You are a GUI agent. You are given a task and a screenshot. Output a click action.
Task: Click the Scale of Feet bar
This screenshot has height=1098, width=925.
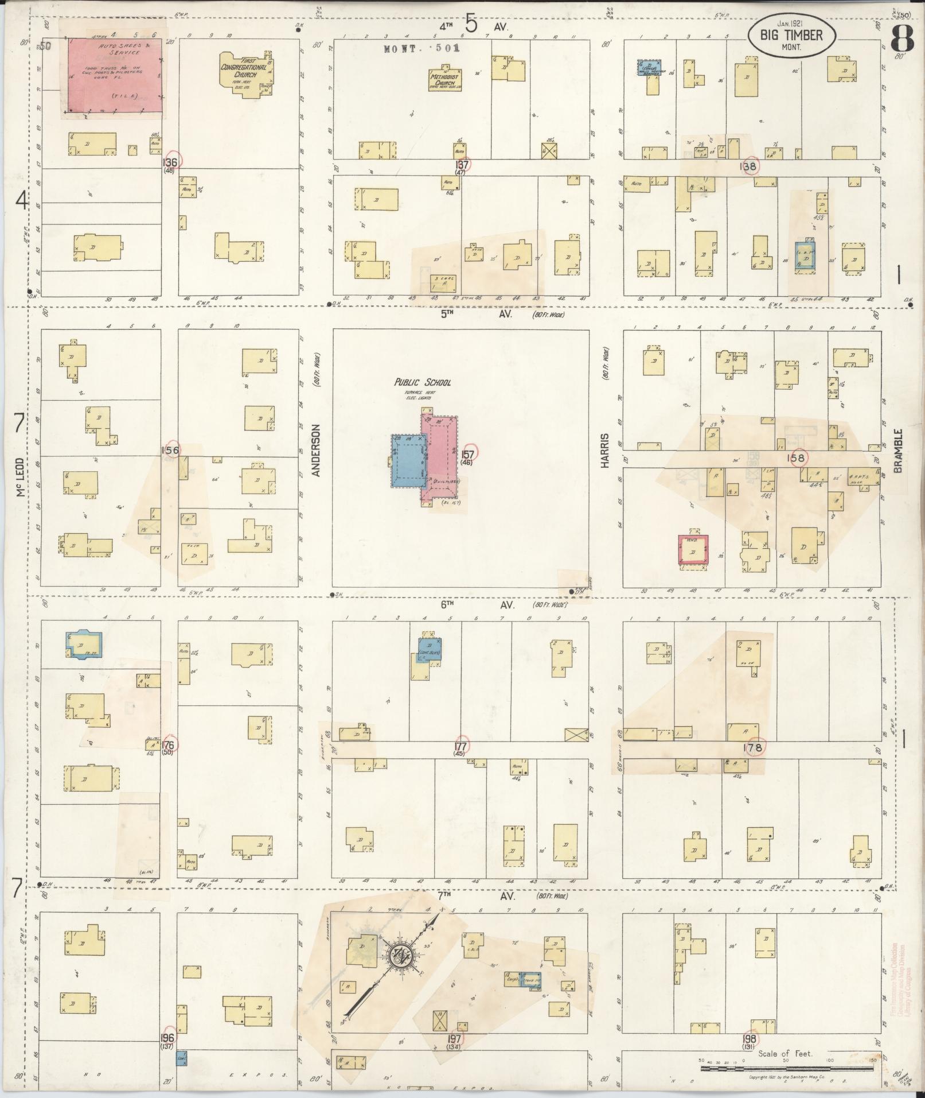coord(791,1069)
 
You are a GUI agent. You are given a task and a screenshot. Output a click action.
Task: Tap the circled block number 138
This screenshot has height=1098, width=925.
coord(749,166)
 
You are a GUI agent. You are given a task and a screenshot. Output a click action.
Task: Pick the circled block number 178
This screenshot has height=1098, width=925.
coord(753,747)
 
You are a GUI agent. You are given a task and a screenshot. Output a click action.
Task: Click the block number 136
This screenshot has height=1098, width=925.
coord(170,162)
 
